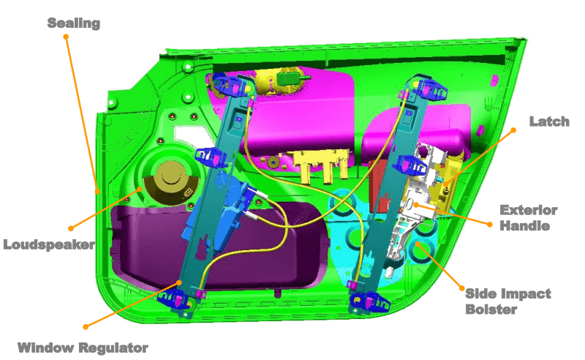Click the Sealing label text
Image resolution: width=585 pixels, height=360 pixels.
pyautogui.click(x=74, y=23)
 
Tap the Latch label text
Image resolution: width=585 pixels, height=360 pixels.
pyautogui.click(x=549, y=121)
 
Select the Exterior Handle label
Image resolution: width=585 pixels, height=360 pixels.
pyautogui.click(x=528, y=218)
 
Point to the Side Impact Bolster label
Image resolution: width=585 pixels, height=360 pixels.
pyautogui.click(x=507, y=301)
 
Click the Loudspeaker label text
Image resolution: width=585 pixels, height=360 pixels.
pyautogui.click(x=49, y=244)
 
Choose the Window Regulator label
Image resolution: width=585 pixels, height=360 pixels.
pyautogui.click(x=83, y=348)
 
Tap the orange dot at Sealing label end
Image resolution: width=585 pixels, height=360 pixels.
pyautogui.click(x=66, y=37)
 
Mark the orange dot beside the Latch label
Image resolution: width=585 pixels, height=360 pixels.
pyautogui.click(x=513, y=130)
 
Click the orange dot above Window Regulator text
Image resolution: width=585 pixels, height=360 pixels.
pyautogui.click(x=86, y=327)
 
